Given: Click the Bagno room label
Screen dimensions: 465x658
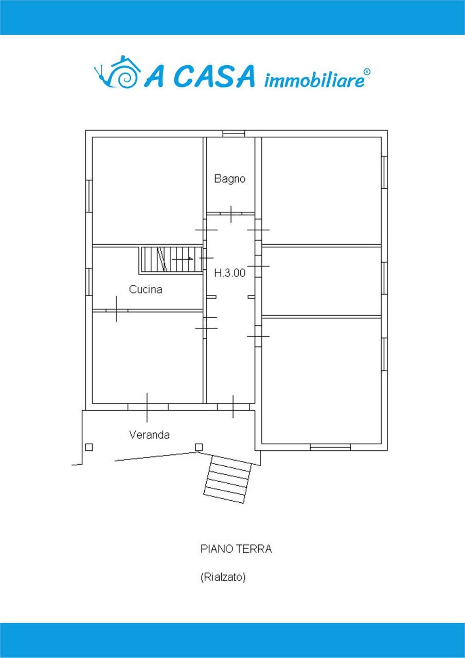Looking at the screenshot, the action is pyautogui.click(x=229, y=179).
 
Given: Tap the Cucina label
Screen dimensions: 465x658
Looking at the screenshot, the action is pyautogui.click(x=146, y=289).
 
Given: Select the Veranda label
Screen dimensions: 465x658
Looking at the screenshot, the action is pyautogui.click(x=149, y=435).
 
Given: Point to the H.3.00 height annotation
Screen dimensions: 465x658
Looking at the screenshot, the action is pyautogui.click(x=229, y=273).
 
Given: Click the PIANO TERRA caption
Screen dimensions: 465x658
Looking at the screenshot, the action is pyautogui.click(x=236, y=549).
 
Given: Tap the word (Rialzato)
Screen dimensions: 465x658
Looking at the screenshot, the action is pyautogui.click(x=223, y=577).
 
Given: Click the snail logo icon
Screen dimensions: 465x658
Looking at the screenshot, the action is pyautogui.click(x=117, y=71).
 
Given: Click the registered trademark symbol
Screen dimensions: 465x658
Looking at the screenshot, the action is pyautogui.click(x=367, y=72).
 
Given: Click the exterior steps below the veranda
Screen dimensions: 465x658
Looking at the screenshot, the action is pyautogui.click(x=227, y=480).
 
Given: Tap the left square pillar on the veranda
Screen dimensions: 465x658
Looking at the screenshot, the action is pyautogui.click(x=89, y=447).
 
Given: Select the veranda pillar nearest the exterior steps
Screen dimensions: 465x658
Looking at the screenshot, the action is pyautogui.click(x=199, y=447).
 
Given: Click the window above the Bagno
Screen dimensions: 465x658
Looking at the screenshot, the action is pyautogui.click(x=234, y=134).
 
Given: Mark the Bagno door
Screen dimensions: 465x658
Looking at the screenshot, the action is pyautogui.click(x=231, y=213).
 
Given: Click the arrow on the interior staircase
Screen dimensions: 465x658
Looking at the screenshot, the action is pyautogui.click(x=182, y=259).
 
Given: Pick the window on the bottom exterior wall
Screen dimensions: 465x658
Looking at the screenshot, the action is pyautogui.click(x=330, y=447).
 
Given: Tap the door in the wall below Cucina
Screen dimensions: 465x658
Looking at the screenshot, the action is pyautogui.click(x=117, y=310).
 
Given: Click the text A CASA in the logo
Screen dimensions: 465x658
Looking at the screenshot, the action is pyautogui.click(x=199, y=77).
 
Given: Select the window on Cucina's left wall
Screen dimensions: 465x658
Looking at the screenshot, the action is pyautogui.click(x=89, y=282).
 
